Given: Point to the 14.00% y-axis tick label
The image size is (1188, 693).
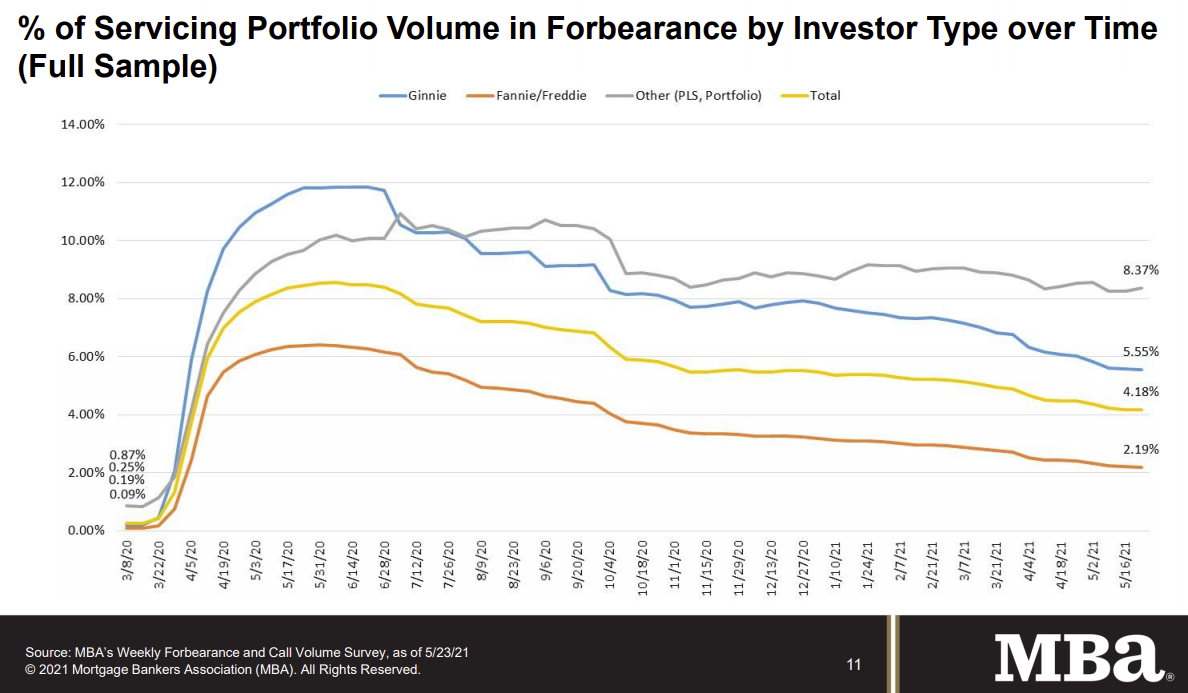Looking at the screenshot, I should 85,125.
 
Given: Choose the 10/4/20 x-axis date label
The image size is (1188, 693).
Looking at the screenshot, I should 610,568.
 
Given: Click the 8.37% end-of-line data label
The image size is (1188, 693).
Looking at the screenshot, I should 1139,269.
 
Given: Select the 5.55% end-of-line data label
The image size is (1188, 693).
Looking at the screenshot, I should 1139,352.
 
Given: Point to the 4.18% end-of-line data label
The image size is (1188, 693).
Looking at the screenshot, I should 1139,391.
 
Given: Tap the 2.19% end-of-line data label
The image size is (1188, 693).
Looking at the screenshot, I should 1139,450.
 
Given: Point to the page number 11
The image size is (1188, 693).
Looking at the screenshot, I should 853,664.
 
